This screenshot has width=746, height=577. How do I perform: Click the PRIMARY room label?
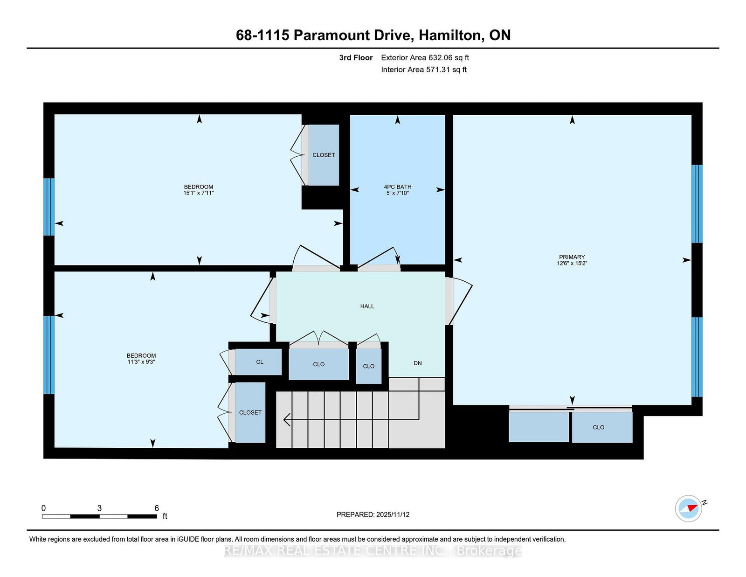572,257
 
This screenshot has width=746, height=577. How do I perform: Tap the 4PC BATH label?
398,187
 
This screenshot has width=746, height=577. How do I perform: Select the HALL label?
367,306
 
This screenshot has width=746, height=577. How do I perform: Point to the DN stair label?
417,363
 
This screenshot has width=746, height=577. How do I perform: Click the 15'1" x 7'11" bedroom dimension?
199,193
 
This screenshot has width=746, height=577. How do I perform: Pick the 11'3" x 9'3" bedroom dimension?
141,362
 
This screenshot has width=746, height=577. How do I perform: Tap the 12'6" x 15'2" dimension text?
572,264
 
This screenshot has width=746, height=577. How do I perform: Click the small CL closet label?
260,361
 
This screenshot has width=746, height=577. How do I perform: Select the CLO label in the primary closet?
598,427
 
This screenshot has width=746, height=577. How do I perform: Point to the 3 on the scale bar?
100,508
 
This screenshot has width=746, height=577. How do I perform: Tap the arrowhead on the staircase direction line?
286,419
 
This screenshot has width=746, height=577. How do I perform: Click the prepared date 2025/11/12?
393,514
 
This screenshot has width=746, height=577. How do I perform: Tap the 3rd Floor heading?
356,58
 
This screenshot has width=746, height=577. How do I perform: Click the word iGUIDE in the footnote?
188,539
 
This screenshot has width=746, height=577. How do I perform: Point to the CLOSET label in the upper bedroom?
324,155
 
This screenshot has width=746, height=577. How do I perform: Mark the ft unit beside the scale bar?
165,516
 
